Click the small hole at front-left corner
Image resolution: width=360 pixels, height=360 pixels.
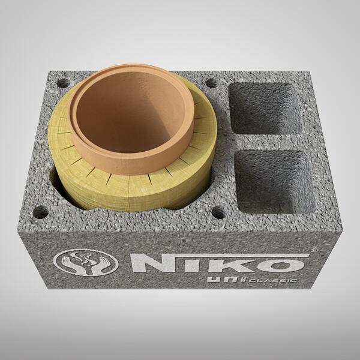coord(41,211)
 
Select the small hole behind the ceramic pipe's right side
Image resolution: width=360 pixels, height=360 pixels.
coord(212,85)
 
